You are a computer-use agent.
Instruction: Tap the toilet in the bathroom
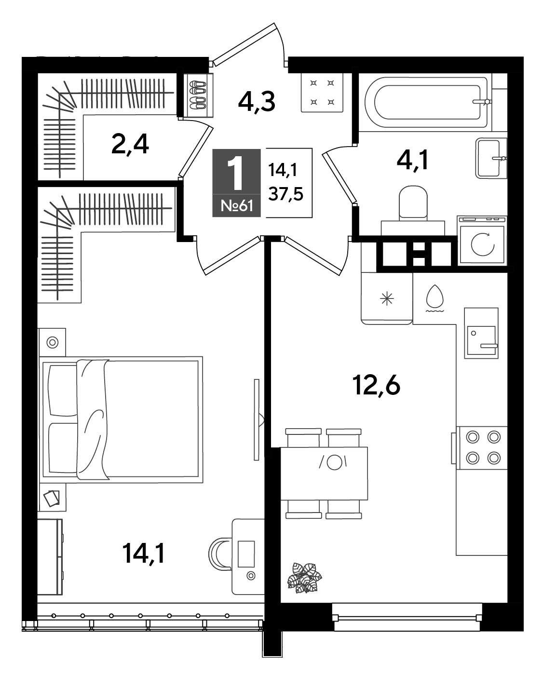tap(413, 210)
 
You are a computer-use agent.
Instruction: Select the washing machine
tap(482, 240)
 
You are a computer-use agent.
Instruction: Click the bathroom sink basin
tap(491, 158)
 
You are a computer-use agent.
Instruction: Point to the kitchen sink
tap(481, 333)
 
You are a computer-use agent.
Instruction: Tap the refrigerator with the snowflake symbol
tap(387, 298)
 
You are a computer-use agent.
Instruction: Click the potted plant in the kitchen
tap(304, 578)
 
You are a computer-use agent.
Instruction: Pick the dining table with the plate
tap(324, 473)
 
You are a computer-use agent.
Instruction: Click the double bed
tap(121, 419)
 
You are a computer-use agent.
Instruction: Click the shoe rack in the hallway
tap(199, 95)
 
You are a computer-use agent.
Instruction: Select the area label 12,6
tap(377, 386)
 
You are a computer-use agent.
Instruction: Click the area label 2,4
tap(130, 145)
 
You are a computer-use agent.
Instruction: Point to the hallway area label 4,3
tap(257, 102)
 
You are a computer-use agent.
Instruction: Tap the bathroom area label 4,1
tap(413, 160)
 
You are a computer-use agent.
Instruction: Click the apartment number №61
tap(237, 206)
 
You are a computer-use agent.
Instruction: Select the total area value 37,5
tap(285, 194)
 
